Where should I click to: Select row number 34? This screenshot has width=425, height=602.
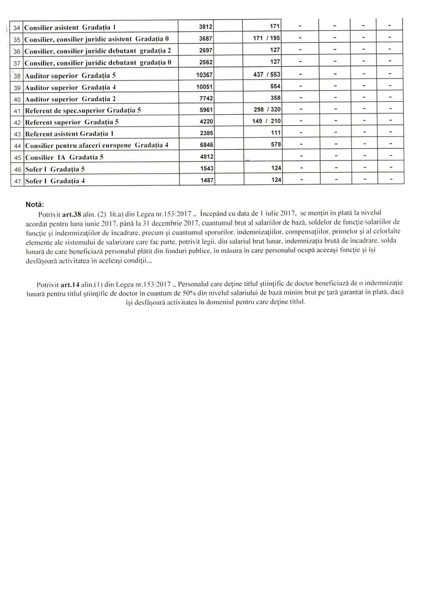[x=17, y=27]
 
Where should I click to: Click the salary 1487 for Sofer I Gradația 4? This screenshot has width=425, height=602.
[x=207, y=180]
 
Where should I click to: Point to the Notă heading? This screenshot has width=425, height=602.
[x=35, y=205]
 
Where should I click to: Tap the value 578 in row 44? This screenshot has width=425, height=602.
[x=276, y=145]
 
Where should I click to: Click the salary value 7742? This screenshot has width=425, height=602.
[x=206, y=98]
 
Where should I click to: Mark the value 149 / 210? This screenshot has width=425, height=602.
[x=267, y=121]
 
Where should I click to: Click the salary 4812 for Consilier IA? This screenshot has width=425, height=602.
[x=207, y=157]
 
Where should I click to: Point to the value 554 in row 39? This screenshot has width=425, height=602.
[x=276, y=87]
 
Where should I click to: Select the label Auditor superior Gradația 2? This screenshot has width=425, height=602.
[x=70, y=99]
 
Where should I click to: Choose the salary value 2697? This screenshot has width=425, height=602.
[x=206, y=50]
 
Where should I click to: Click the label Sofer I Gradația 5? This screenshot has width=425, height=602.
[x=55, y=169]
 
